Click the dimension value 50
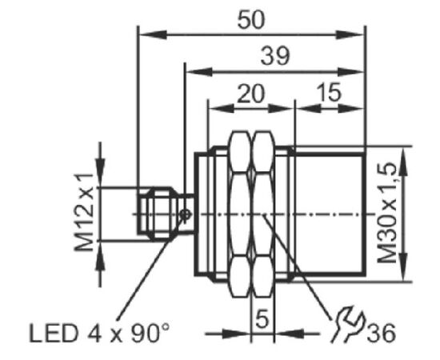click(251, 20)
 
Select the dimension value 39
click(274, 56)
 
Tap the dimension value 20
click(250, 94)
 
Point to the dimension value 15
click(329, 92)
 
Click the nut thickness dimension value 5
click(262, 318)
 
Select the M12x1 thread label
click(84, 213)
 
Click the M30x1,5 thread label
click(387, 214)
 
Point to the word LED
click(53, 334)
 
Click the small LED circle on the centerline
click(185, 215)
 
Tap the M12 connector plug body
click(159, 214)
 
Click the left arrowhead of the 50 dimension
click(154, 35)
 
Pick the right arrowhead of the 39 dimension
click(350, 72)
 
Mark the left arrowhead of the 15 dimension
click(308, 108)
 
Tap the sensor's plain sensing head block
click(330, 214)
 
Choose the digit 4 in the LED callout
click(94, 334)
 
